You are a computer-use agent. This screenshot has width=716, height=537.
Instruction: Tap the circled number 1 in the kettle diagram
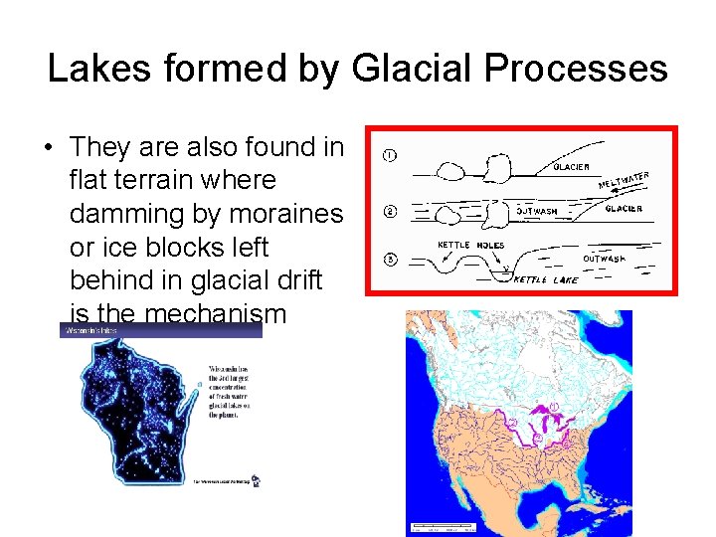point(390,155)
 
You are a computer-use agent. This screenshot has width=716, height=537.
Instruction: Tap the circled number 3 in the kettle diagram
point(390,260)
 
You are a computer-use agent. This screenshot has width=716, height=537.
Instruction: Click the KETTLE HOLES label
point(471,245)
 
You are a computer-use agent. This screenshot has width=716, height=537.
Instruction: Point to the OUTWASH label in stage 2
point(543,210)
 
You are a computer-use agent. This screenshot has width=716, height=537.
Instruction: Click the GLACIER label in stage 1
point(571,167)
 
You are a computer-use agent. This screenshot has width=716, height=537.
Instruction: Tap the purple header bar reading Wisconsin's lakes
point(160,329)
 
